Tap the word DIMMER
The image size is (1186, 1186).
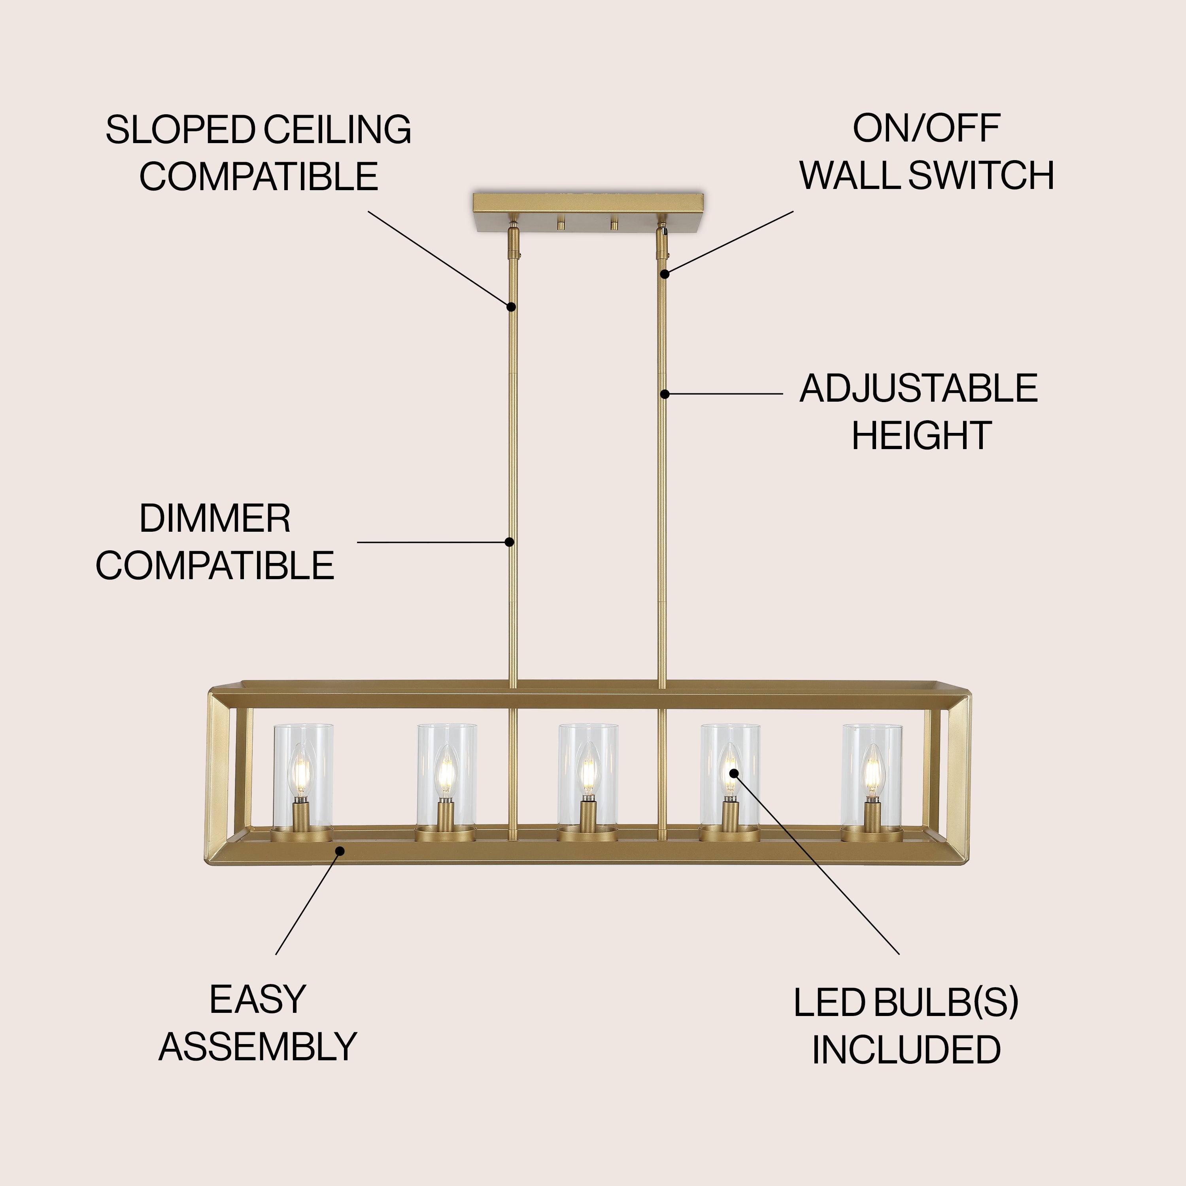(x=215, y=519)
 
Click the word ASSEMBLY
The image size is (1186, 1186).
(x=258, y=1047)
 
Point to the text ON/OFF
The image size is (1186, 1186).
(x=926, y=128)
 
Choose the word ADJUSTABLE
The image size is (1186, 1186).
(x=918, y=389)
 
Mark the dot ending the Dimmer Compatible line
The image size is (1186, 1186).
(x=509, y=542)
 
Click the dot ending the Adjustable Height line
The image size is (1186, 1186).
(x=664, y=394)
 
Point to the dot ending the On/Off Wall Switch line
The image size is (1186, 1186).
(x=664, y=274)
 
